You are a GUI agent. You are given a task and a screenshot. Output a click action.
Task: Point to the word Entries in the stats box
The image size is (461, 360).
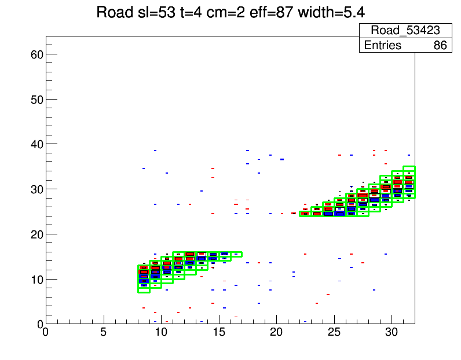383,45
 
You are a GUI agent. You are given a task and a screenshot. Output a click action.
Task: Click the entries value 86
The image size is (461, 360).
440,45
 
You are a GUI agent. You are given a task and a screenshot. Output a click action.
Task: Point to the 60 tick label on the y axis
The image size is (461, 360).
36,54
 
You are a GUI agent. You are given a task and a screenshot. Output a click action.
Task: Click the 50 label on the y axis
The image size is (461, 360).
36,99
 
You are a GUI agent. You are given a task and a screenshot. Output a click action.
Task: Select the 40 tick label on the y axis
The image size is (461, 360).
36,144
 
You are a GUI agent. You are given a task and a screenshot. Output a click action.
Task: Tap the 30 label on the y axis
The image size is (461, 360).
36,189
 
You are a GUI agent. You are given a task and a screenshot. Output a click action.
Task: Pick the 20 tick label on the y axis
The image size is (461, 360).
36,234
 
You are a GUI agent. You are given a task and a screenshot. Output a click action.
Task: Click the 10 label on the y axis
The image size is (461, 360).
36,279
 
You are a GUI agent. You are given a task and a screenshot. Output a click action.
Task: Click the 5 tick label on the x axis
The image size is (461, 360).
104,332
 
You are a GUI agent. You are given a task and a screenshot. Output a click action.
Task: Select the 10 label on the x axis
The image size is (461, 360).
161,332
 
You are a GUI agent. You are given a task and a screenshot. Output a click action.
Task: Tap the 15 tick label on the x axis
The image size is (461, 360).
219,332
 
